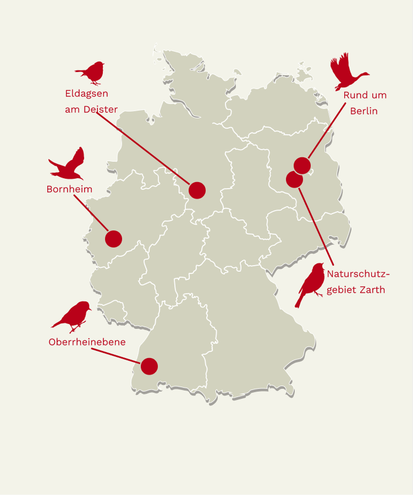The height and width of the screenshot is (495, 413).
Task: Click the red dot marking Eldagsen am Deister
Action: [197, 190]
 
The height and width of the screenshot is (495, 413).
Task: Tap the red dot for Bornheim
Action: [113, 239]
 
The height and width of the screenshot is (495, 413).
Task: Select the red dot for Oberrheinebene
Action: [149, 366]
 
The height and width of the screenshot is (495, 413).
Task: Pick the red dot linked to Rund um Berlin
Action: [302, 165]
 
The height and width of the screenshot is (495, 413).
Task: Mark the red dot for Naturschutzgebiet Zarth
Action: [294, 179]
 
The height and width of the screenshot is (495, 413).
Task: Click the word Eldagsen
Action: [86, 94]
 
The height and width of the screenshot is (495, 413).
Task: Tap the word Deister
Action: [101, 109]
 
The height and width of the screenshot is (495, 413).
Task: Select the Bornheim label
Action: [69, 189]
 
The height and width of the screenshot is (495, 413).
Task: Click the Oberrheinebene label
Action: [87, 342]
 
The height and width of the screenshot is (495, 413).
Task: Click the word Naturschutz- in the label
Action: [358, 274]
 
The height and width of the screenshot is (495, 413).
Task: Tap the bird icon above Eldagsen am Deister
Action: [91, 73]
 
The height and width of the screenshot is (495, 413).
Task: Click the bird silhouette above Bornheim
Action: [69, 166]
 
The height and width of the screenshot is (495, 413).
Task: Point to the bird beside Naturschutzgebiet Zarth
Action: [311, 284]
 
